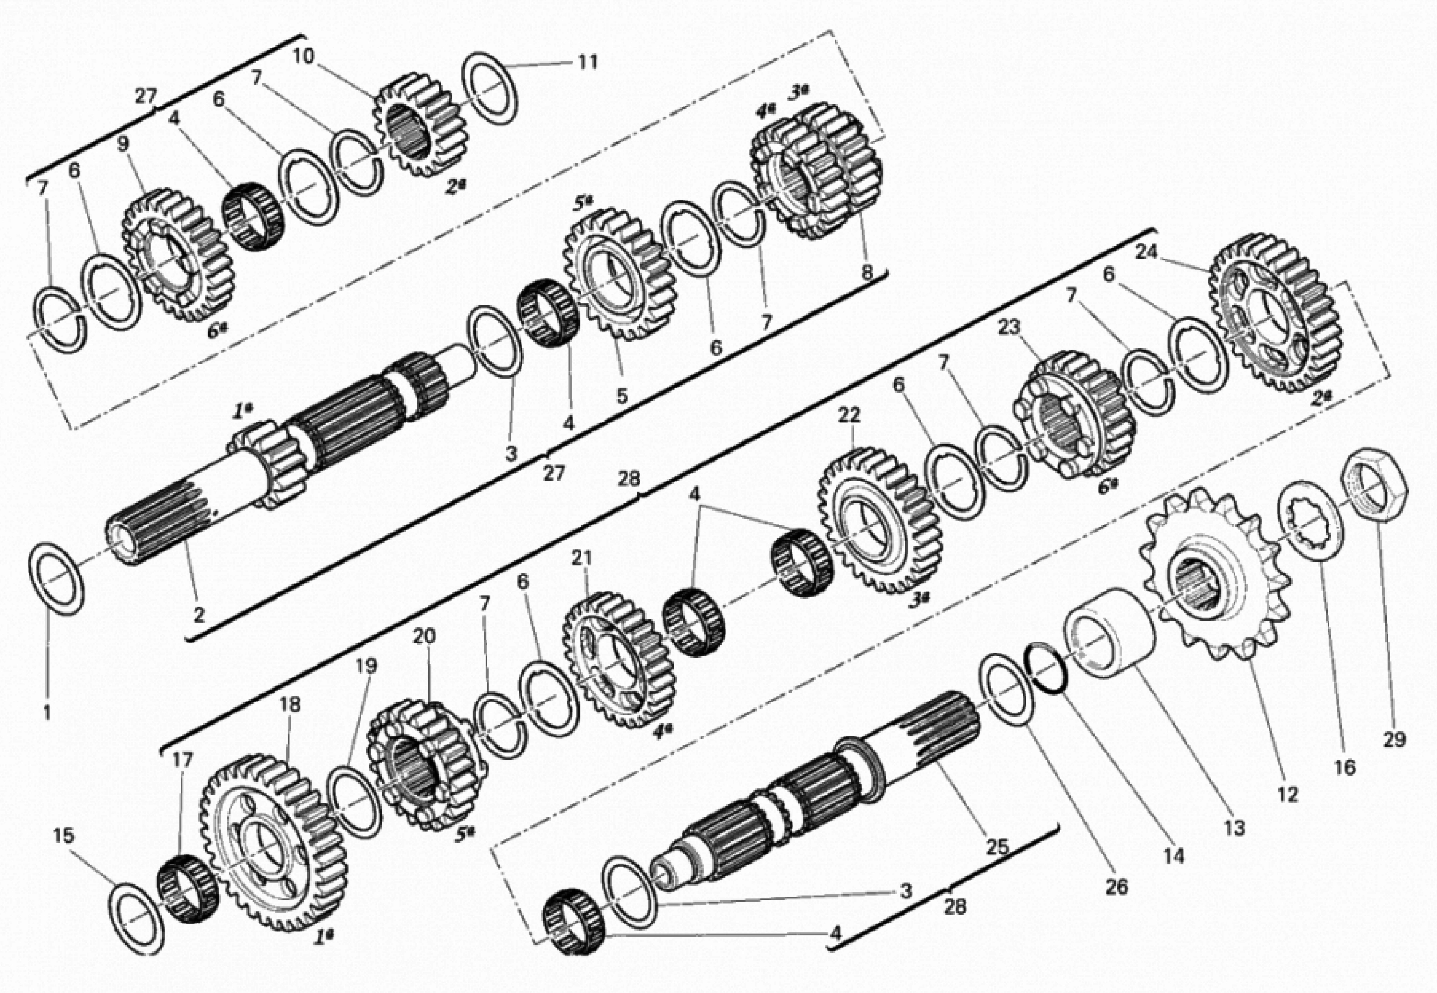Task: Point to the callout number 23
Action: tap(1009, 327)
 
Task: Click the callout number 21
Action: tap(582, 558)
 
